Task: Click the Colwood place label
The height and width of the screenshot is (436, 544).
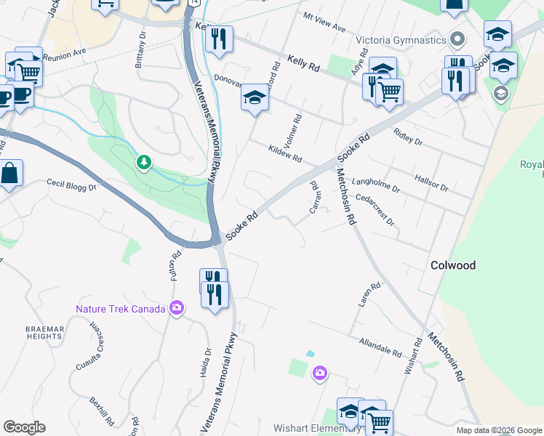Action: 452,265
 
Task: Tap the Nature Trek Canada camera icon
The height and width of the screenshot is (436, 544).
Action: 175,309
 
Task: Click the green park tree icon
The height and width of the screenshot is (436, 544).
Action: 144,161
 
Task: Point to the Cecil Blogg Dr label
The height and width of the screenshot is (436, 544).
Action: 71,186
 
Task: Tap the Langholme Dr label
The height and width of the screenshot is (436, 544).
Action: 375,187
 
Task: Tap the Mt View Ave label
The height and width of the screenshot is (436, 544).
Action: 325,22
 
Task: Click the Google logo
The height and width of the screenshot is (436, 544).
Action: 24,427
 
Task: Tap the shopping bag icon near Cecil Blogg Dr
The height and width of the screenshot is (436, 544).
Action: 10,174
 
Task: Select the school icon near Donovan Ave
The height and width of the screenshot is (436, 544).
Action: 255,97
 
